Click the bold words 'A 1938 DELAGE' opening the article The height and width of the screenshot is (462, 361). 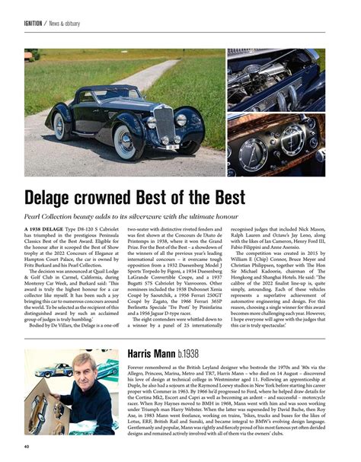(x=48, y=228)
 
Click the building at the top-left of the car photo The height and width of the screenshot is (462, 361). (x=30, y=56)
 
